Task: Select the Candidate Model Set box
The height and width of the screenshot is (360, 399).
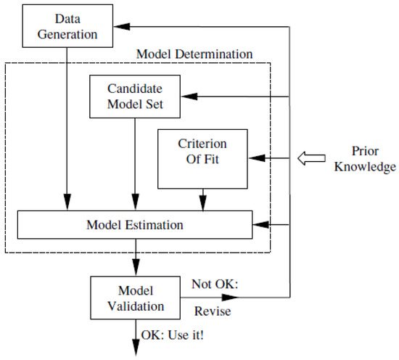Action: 135,96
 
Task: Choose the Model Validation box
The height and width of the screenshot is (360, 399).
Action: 135,295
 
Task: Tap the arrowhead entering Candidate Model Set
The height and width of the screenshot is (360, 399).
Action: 187,97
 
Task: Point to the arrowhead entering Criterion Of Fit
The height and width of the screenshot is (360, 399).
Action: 255,157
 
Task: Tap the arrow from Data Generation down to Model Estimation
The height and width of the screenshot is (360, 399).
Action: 67,127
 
